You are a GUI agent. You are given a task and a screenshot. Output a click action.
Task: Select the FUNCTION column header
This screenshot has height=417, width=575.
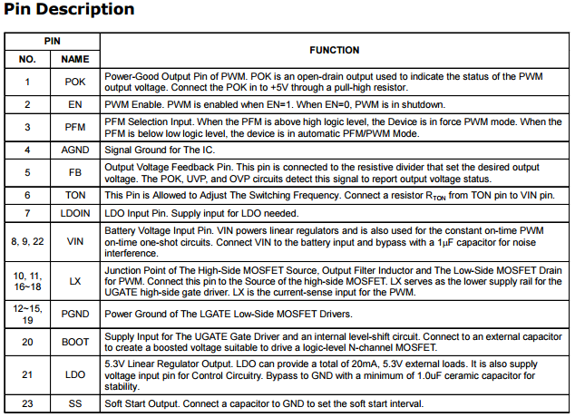(335, 50)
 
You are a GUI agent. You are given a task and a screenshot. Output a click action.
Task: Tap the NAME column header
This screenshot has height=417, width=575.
(74, 59)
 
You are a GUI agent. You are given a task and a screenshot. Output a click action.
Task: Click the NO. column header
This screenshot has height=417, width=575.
(27, 59)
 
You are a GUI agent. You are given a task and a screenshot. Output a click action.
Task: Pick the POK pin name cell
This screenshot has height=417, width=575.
(74, 82)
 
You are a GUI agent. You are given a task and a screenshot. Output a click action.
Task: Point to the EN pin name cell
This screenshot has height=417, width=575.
(74, 104)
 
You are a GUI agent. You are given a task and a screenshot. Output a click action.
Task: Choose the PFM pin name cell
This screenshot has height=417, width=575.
(74, 126)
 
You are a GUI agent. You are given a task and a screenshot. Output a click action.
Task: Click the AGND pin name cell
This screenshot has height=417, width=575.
(74, 149)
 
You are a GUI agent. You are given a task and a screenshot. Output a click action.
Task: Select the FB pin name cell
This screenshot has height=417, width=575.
(74, 171)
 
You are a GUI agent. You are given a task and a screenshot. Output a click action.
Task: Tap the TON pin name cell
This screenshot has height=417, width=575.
(74, 194)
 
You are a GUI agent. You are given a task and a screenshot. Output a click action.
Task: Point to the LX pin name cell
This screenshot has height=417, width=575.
(74, 282)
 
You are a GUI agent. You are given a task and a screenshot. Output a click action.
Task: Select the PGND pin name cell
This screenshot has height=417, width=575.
(74, 315)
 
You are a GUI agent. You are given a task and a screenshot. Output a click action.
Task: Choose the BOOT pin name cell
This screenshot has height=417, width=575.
(74, 342)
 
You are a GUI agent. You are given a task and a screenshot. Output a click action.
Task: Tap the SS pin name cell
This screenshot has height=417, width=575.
(74, 403)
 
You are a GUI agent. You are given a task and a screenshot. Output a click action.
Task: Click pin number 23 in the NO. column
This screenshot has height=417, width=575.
(27, 403)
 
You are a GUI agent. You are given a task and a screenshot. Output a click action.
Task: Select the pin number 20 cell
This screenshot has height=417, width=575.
(27, 342)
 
